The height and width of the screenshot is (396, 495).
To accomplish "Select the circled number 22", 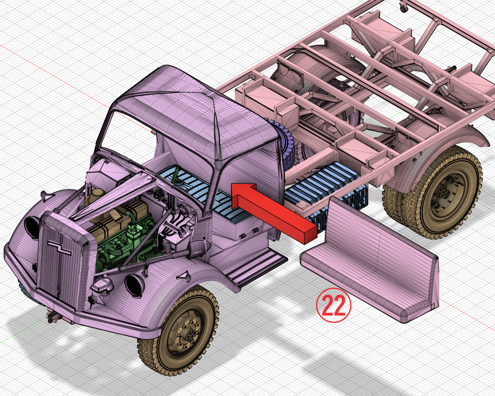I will pyautogui.click(x=333, y=305).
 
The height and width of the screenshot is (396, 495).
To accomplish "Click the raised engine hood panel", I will pyautogui.click(x=116, y=193).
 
